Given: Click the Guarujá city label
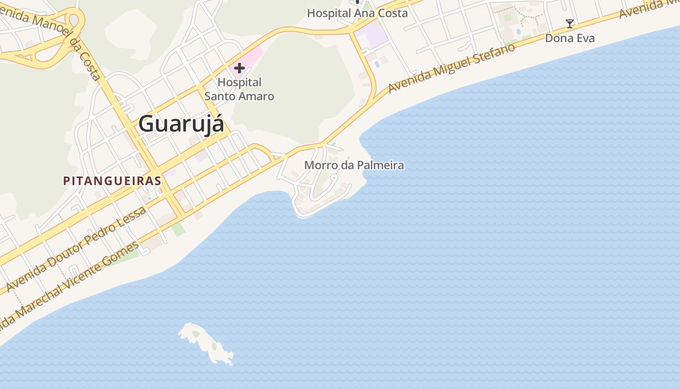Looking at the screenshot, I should (181, 124).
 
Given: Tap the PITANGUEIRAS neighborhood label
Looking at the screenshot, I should (112, 181).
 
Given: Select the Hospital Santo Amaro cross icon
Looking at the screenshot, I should (239, 69).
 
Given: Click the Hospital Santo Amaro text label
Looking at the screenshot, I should (239, 89).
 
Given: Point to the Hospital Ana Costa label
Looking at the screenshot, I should (357, 13).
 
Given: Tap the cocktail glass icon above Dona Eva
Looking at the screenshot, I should (570, 23).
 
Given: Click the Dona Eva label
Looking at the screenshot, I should (570, 38).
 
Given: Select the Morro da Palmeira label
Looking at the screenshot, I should (354, 165).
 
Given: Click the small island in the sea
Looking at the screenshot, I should (206, 343).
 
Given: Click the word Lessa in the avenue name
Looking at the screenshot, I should (133, 217).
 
